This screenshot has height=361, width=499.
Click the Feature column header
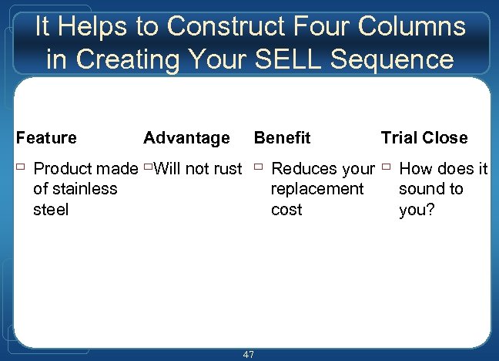pyautogui.click(x=46, y=138)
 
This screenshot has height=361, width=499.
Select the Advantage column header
pyautogui.click(x=186, y=138)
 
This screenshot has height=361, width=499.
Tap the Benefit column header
pyautogui.click(x=282, y=138)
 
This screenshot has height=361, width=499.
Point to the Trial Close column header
pyautogui.click(x=424, y=138)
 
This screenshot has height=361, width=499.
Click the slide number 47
pyautogui.click(x=248, y=354)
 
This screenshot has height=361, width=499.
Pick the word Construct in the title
pyautogui.click(x=228, y=27)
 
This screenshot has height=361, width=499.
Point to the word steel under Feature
pyautogui.click(x=51, y=210)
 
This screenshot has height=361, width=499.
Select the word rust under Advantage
pyautogui.click(x=226, y=169)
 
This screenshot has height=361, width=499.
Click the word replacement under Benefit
pyautogui.click(x=317, y=189)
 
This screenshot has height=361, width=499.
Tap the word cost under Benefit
pyautogui.click(x=286, y=210)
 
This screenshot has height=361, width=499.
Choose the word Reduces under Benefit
pyautogui.click(x=303, y=169)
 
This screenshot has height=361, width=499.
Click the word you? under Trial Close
pyautogui.click(x=417, y=210)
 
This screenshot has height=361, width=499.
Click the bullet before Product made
pyautogui.click(x=20, y=167)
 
